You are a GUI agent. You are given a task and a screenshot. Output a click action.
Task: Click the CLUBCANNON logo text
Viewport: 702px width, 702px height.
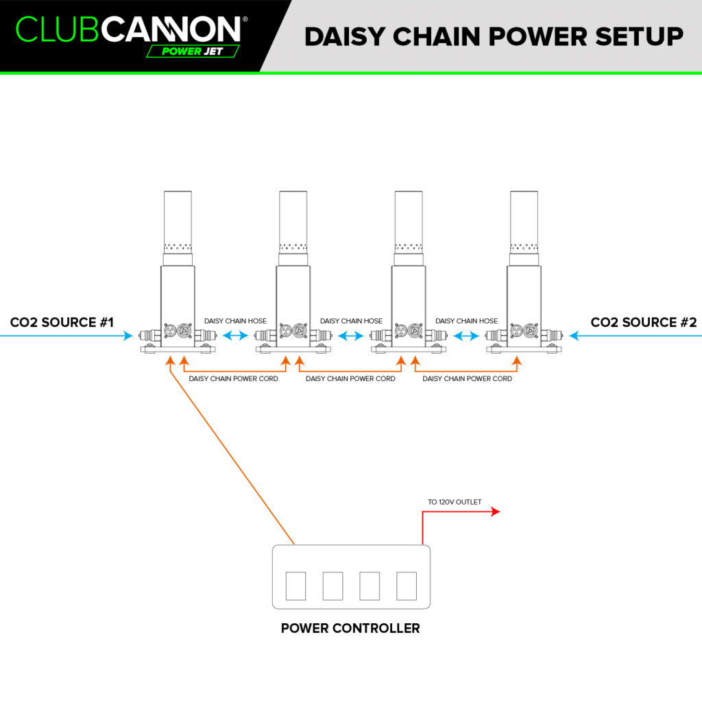(x=128, y=29)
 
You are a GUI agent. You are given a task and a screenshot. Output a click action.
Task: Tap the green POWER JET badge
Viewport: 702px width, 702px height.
(x=193, y=51)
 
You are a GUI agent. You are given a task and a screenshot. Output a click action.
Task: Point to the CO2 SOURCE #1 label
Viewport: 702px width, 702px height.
(x=62, y=322)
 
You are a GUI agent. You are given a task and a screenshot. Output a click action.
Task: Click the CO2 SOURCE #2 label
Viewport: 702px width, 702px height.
(x=644, y=322)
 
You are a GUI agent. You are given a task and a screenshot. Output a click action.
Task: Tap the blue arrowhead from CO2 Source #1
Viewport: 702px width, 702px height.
(x=128, y=335)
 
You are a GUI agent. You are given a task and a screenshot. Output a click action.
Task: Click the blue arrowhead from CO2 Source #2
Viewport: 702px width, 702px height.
(x=574, y=335)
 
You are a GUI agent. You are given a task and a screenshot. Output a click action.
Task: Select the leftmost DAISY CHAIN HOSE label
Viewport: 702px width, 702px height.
(x=236, y=321)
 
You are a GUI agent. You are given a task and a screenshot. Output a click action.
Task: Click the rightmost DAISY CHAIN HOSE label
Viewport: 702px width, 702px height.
(x=466, y=321)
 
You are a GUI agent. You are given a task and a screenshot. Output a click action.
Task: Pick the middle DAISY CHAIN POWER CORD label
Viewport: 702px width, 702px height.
(x=350, y=378)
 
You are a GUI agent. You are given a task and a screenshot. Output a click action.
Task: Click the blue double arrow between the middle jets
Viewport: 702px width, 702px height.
(x=351, y=335)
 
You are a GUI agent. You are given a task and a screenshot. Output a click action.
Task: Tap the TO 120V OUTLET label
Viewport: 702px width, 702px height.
(x=455, y=502)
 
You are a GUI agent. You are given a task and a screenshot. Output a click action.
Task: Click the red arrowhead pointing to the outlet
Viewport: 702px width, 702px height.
(x=496, y=511)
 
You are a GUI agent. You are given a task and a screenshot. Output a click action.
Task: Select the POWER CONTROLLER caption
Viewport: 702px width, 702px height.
(x=350, y=628)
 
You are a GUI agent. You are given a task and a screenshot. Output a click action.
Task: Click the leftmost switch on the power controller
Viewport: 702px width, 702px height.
(x=295, y=585)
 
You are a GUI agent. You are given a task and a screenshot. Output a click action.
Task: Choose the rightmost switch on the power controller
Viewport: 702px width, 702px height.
(x=407, y=585)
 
